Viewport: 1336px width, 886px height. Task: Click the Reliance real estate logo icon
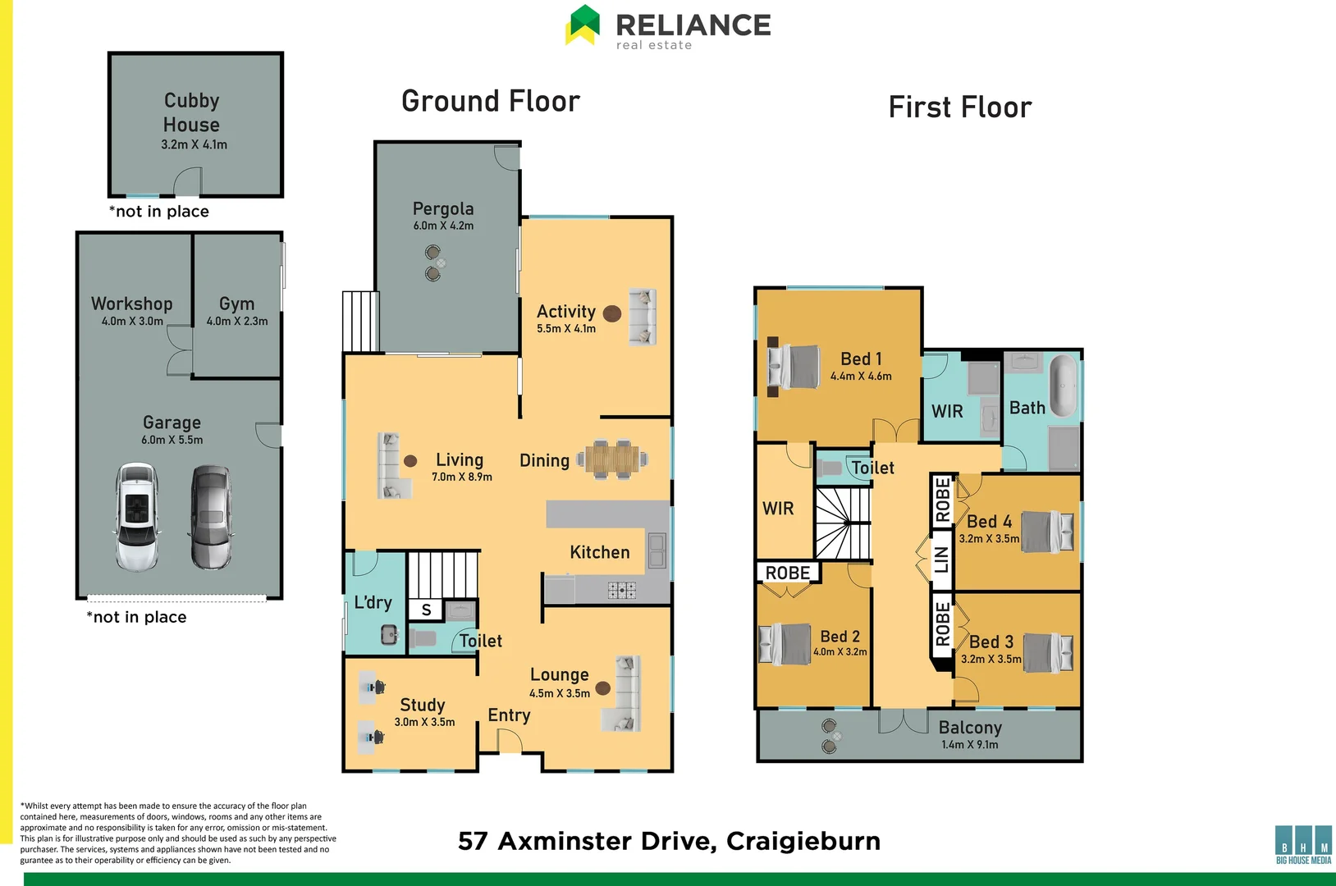583,25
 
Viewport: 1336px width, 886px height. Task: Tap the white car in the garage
136,517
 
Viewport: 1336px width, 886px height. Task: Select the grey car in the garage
211,517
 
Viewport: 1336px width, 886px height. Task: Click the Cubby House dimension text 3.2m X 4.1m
194,144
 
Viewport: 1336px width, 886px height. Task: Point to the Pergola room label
443,208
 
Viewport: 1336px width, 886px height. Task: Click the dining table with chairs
612,459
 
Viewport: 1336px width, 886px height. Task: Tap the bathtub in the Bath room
1064,386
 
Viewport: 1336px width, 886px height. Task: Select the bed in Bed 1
794,366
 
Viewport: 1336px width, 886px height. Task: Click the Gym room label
236,304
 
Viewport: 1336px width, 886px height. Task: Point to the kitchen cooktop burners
621,589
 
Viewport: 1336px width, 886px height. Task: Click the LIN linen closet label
941,559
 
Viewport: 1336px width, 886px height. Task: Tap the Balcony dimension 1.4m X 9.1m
969,745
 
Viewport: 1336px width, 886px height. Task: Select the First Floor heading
959,107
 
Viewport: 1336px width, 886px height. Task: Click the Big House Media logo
1303,845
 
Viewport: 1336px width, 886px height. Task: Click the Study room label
422,705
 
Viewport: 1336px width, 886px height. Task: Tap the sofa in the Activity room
642,316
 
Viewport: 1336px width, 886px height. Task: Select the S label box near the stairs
426,610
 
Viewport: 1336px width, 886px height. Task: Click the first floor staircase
842,523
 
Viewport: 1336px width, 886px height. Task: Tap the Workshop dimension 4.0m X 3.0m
132,322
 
